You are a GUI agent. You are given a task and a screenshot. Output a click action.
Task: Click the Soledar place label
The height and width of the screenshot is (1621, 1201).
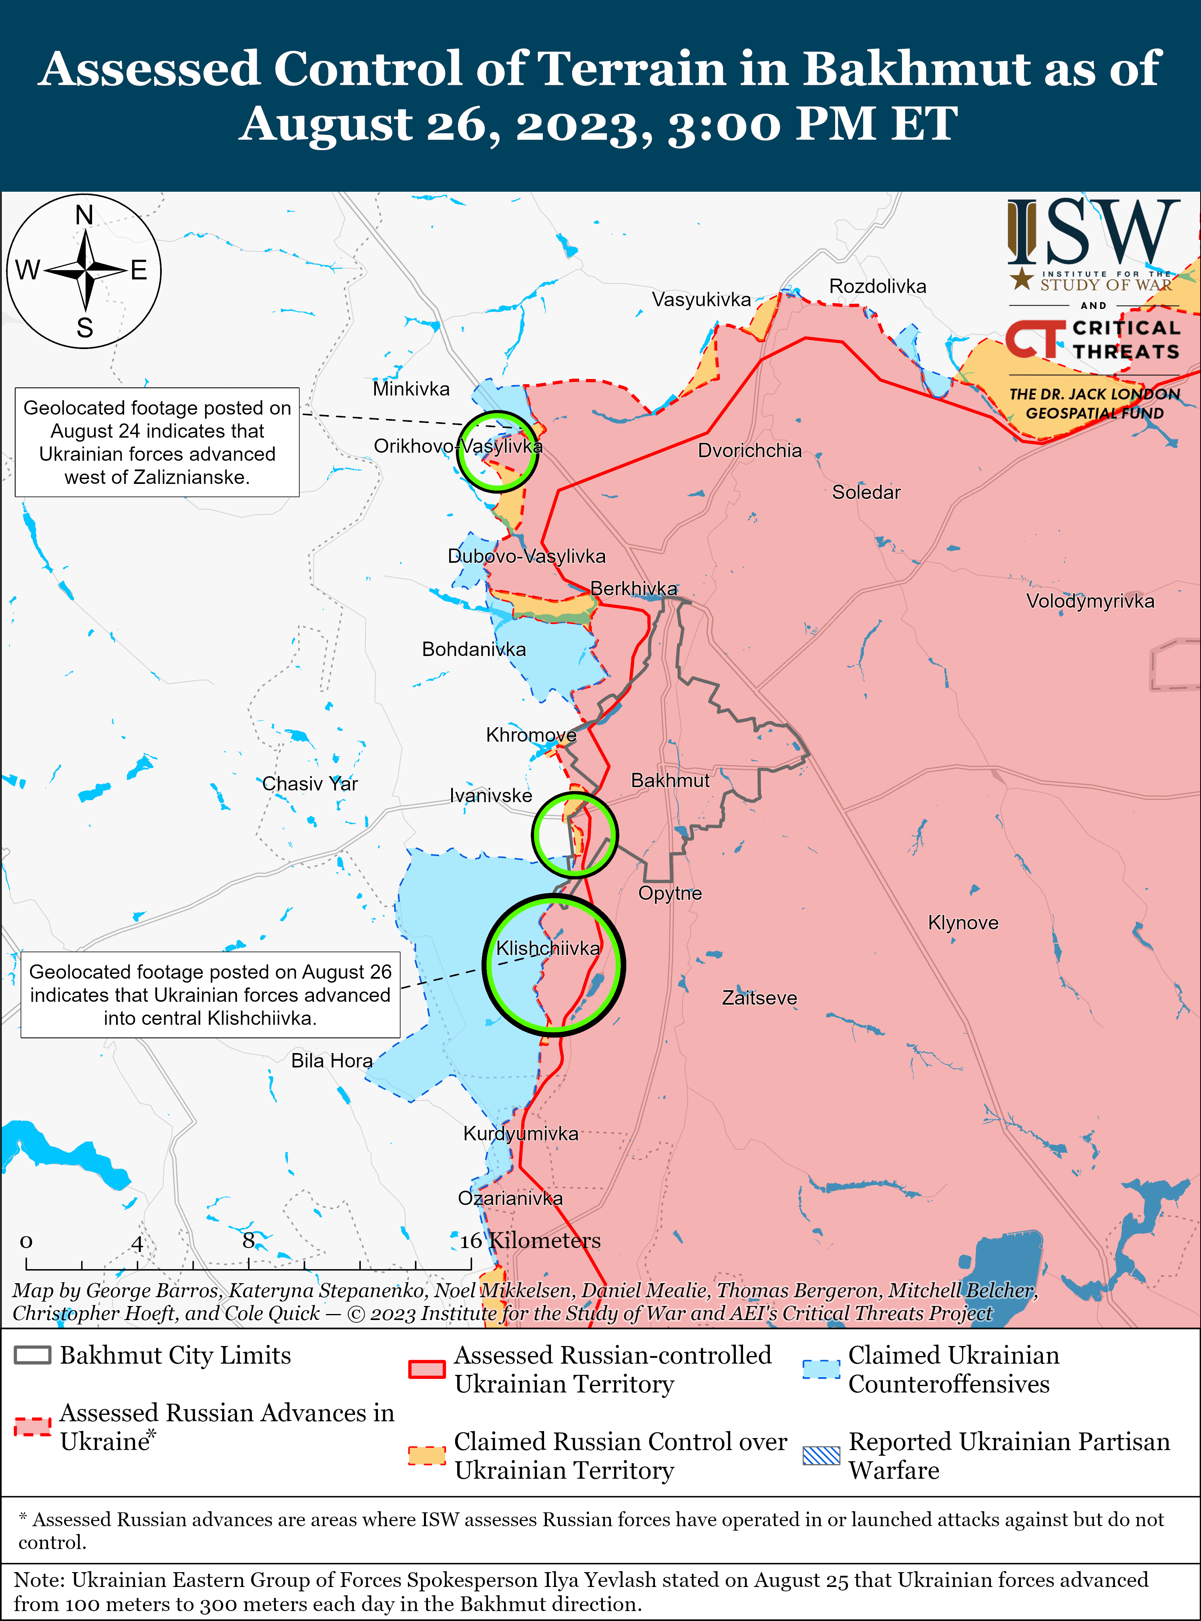point(866,492)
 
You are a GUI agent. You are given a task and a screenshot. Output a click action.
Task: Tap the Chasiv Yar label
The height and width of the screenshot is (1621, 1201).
point(310,784)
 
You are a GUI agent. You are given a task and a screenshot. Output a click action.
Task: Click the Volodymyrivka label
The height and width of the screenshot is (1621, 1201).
point(1090,601)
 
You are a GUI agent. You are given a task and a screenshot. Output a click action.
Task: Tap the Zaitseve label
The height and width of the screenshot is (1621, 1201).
point(759,998)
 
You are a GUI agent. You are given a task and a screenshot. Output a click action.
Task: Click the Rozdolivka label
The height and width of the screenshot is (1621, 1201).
point(878,287)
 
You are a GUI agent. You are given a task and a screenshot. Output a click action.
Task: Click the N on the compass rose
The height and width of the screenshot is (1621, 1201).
point(84,216)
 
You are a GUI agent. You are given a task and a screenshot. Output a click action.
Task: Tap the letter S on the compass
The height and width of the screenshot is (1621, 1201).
point(85,328)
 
